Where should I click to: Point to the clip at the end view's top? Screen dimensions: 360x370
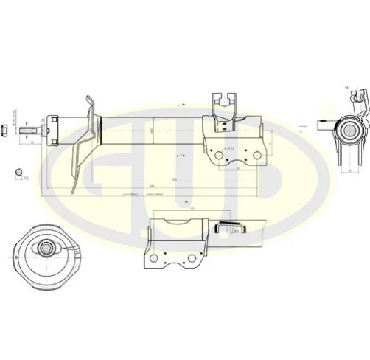(358, 95)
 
